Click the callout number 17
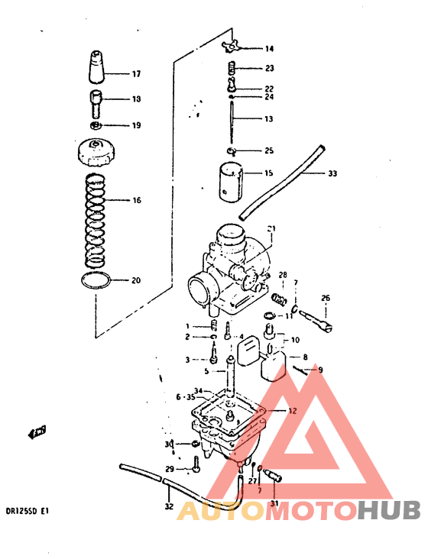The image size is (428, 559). [x=136, y=75]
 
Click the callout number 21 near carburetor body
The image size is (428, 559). [x=270, y=229]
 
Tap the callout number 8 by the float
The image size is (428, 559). [x=305, y=357]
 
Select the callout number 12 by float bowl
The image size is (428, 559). [x=292, y=411]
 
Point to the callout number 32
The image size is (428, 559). [x=169, y=506]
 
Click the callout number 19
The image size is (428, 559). [x=136, y=125]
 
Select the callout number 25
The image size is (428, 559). [x=268, y=150]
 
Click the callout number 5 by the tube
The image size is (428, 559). [x=206, y=371]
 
